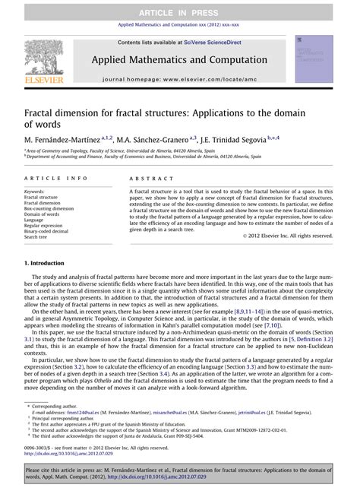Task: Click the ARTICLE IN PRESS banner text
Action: [x=180, y=8]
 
